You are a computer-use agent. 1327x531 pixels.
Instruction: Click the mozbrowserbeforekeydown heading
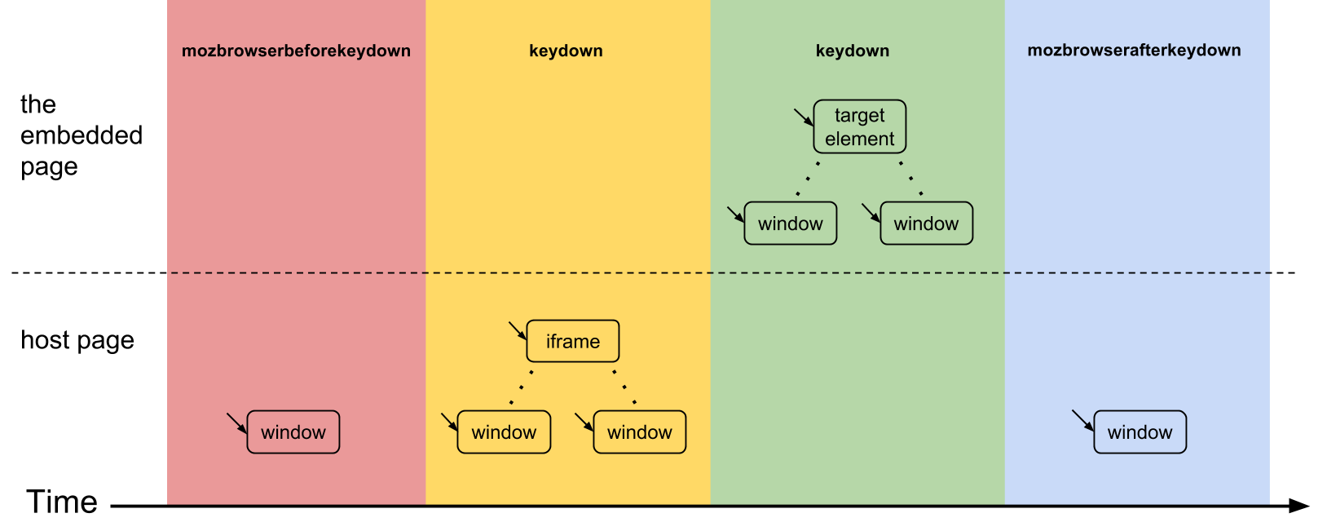(x=296, y=51)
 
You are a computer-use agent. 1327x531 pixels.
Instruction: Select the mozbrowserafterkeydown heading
(x=1134, y=51)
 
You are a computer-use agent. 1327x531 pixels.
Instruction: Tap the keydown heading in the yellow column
(x=566, y=51)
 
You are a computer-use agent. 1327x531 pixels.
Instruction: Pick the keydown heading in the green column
(x=853, y=51)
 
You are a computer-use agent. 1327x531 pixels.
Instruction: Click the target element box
(x=860, y=126)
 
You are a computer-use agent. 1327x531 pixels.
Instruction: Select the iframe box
(x=573, y=341)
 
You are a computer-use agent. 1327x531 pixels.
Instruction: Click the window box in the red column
(x=293, y=432)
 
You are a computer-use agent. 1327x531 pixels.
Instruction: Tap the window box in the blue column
(x=1140, y=432)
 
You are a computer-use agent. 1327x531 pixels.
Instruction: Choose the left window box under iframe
(x=504, y=432)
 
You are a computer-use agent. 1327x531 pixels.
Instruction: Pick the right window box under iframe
(x=640, y=432)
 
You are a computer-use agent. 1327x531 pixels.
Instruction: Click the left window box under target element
(x=791, y=223)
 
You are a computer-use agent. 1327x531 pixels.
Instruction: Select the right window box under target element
(x=927, y=223)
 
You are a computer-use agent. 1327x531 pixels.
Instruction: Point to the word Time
(x=62, y=502)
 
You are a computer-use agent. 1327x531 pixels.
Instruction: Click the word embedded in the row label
(x=82, y=135)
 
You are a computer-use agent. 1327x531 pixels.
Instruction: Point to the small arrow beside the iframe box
(x=518, y=331)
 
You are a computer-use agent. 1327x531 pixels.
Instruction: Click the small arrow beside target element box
(x=804, y=117)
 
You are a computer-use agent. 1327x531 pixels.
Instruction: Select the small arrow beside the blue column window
(x=1083, y=421)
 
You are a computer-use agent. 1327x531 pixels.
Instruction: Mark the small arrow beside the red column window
(x=237, y=423)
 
